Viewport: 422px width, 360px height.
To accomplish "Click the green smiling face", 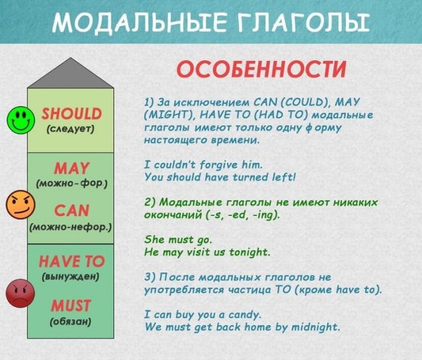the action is (21, 120).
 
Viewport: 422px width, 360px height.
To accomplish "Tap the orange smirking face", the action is (21, 204).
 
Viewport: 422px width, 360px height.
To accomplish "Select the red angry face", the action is (20, 293).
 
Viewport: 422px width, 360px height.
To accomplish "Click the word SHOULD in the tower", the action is (71, 114).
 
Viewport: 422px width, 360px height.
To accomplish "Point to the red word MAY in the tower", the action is (71, 169).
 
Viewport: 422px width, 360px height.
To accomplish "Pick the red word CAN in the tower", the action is (71, 210).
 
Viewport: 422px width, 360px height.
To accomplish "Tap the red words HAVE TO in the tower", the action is (71, 261).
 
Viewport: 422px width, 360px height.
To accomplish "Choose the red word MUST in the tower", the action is (71, 306).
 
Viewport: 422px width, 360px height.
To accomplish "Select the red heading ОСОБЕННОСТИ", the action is (261, 69).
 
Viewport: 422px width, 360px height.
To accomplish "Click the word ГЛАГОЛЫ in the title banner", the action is (303, 21).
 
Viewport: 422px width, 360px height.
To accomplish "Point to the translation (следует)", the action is (71, 129).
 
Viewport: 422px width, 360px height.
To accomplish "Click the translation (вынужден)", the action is (71, 276).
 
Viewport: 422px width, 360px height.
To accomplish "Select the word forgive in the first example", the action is (219, 165).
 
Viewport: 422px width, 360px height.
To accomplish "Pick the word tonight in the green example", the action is (249, 252).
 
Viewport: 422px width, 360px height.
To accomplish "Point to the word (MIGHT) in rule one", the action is (170, 115).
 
